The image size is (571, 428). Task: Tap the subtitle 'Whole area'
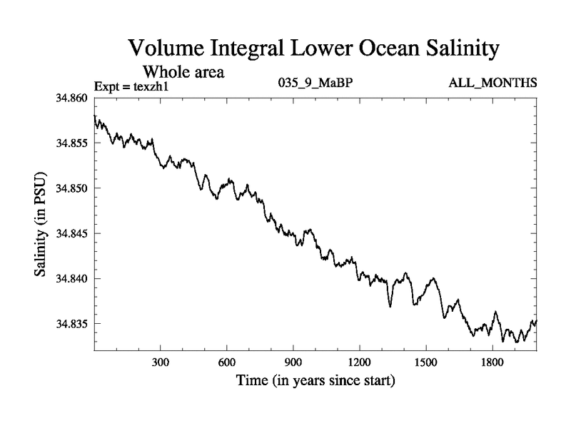(184, 71)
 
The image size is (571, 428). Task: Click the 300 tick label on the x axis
(161, 362)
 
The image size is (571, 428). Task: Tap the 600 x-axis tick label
(227, 362)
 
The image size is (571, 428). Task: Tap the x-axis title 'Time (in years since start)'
(315, 382)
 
